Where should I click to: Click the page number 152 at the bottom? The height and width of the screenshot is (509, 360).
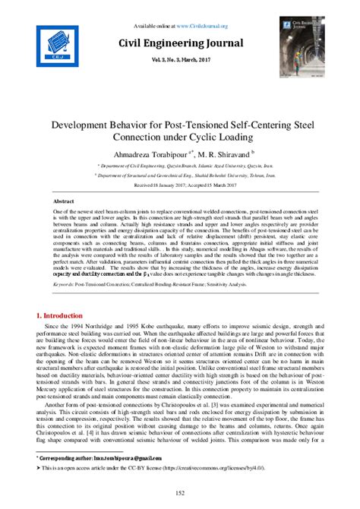pos(180,494)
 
